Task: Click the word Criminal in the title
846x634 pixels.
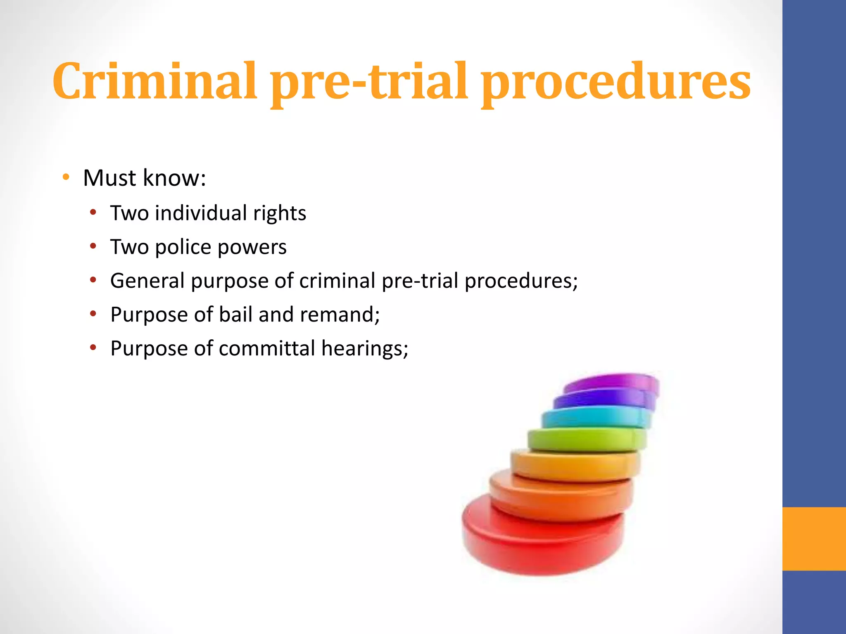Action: (x=155, y=81)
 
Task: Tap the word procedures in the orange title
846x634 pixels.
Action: (x=615, y=81)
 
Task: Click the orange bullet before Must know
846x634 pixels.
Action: (x=66, y=177)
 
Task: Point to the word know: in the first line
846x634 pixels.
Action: (x=174, y=178)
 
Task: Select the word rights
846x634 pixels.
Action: (x=280, y=214)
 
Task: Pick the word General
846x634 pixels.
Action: (x=147, y=281)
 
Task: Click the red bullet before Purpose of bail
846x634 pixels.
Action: (x=93, y=314)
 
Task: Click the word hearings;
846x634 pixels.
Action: (x=365, y=349)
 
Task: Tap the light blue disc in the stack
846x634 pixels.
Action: (x=595, y=418)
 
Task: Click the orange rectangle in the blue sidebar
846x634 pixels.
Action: (x=814, y=539)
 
